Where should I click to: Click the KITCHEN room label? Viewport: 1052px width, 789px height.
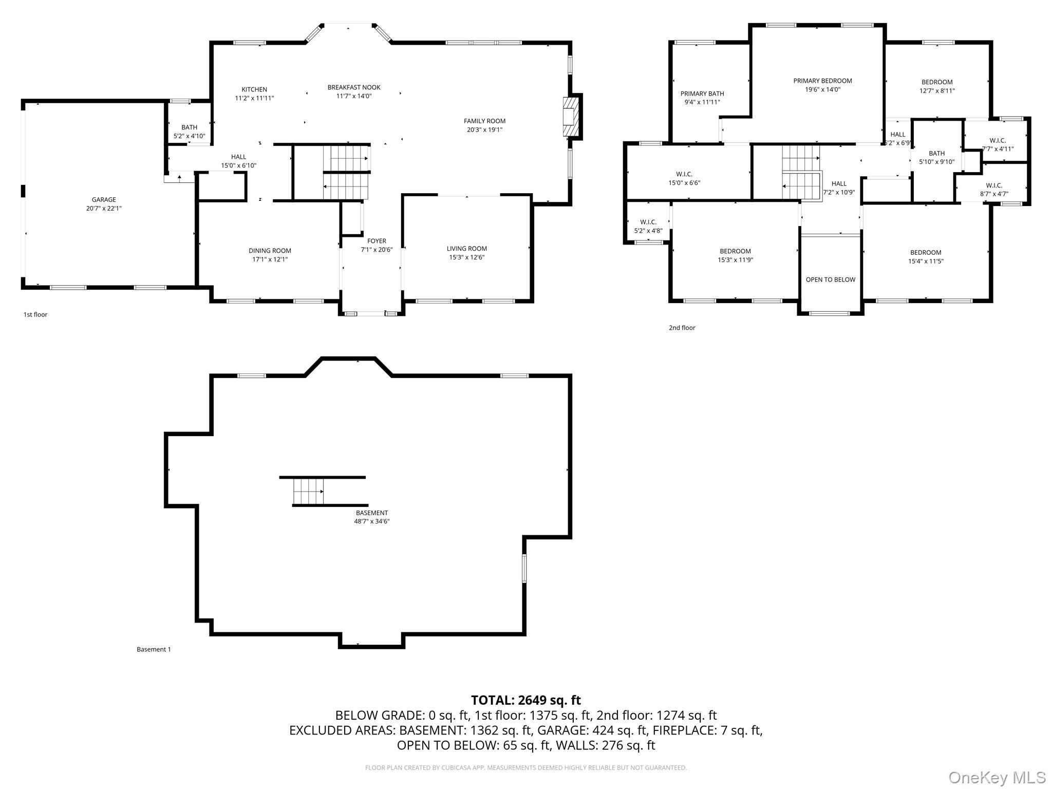point(254,89)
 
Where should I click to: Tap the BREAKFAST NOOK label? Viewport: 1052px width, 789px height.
point(354,87)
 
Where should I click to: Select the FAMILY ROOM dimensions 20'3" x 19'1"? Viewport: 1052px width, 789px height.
point(484,130)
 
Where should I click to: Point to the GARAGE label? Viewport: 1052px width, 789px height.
point(104,199)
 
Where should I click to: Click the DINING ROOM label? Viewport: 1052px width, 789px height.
point(270,251)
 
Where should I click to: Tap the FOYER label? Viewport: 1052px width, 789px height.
point(377,241)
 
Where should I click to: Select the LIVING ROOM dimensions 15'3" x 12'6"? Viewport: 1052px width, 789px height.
point(466,257)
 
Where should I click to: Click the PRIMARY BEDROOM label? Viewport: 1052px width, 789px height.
point(822,81)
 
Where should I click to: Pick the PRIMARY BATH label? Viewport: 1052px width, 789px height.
point(702,93)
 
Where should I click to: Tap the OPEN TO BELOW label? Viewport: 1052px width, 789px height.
point(831,279)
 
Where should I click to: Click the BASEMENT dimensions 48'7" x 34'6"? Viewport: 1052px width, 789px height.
point(371,521)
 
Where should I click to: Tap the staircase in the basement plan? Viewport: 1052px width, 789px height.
point(309,491)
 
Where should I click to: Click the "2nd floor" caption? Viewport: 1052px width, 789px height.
point(682,328)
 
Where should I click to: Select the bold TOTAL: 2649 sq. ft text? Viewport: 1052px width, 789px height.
point(525,700)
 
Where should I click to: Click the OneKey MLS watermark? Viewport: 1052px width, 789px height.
point(997,777)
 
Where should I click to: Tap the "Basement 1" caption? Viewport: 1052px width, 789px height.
point(154,649)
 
